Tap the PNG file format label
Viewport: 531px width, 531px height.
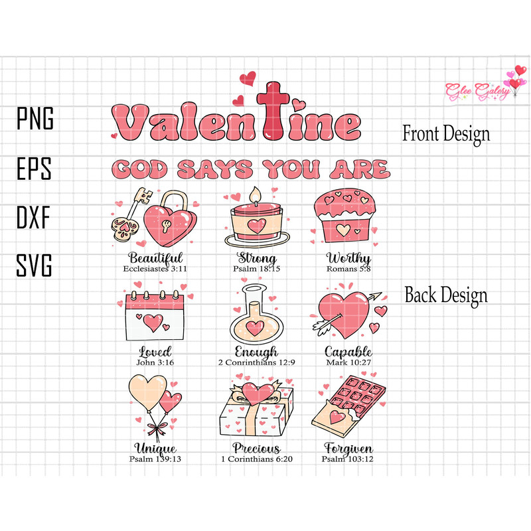coord(35,120)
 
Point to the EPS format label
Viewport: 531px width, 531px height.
coord(35,169)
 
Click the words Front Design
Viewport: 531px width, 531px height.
coord(446,133)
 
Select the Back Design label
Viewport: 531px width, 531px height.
coord(446,295)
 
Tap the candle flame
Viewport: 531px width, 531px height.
coord(253,194)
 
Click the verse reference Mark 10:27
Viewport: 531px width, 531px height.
coord(348,363)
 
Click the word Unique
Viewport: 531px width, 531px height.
coord(155,449)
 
